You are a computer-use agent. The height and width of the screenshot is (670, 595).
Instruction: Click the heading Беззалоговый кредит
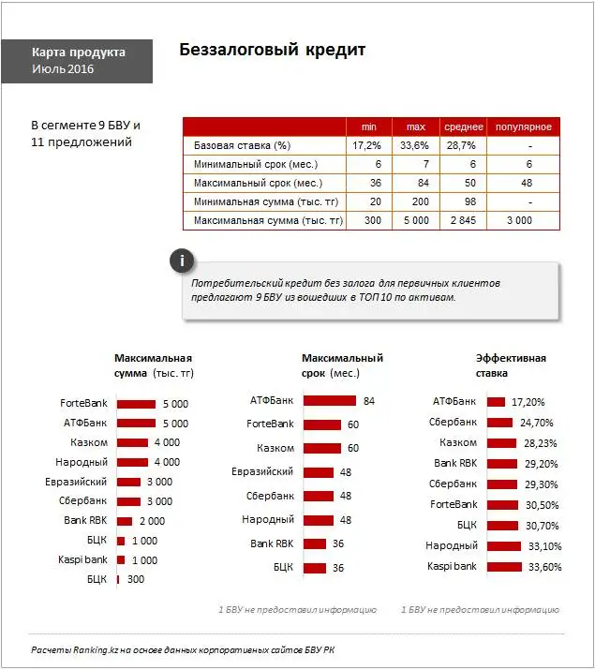click(272, 50)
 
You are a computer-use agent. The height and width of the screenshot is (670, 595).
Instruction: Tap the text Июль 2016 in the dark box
click(63, 69)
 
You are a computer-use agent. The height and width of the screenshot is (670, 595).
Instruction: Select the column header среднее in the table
click(464, 127)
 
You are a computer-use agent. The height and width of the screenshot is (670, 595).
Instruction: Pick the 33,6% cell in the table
click(414, 145)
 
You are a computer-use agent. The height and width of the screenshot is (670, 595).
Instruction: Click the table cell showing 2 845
click(464, 220)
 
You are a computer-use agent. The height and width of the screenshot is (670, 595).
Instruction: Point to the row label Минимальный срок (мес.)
click(258, 164)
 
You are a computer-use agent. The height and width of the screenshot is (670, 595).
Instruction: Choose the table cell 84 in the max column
click(414, 183)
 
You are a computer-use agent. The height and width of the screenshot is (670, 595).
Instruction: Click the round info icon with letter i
click(183, 261)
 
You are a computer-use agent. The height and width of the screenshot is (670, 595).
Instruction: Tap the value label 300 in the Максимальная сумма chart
click(135, 580)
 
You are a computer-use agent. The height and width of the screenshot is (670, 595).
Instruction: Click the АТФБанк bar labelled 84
click(330, 401)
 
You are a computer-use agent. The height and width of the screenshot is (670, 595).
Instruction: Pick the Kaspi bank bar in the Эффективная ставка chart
click(503, 567)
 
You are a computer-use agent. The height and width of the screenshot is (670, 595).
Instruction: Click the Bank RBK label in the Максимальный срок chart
click(272, 543)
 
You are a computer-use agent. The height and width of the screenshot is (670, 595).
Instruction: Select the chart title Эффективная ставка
click(511, 365)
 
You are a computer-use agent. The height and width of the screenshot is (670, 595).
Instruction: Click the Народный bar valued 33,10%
click(503, 546)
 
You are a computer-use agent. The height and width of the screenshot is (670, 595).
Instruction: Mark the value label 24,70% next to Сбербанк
click(537, 423)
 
